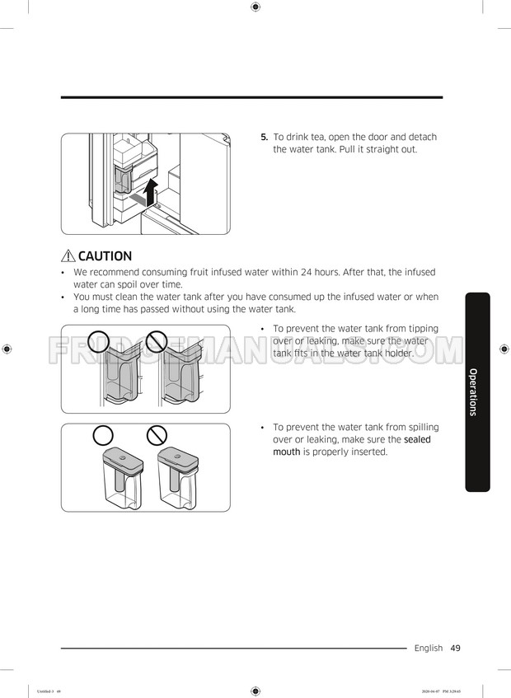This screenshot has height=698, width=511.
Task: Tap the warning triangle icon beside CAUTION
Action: [68, 256]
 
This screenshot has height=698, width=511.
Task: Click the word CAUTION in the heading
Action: [105, 256]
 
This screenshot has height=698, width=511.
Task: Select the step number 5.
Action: [265, 137]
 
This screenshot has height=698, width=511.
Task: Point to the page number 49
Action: [456, 648]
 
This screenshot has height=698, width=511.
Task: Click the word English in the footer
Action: [428, 648]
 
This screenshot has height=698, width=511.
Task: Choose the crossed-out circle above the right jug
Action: [156, 434]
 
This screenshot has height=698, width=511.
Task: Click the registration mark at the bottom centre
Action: [255, 691]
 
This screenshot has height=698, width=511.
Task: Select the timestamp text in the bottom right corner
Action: [457, 691]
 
